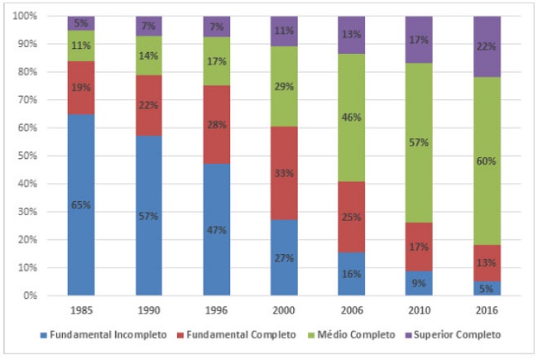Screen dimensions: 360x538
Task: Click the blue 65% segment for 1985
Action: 81,204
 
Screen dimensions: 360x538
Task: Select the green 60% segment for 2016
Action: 486,161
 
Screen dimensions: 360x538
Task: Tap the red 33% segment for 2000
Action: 284,174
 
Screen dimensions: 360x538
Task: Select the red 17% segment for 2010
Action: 419,247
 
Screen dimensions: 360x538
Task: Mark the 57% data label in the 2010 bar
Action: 419,143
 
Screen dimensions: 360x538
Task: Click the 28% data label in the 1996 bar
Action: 216,101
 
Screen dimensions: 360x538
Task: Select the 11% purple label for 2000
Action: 284,31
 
